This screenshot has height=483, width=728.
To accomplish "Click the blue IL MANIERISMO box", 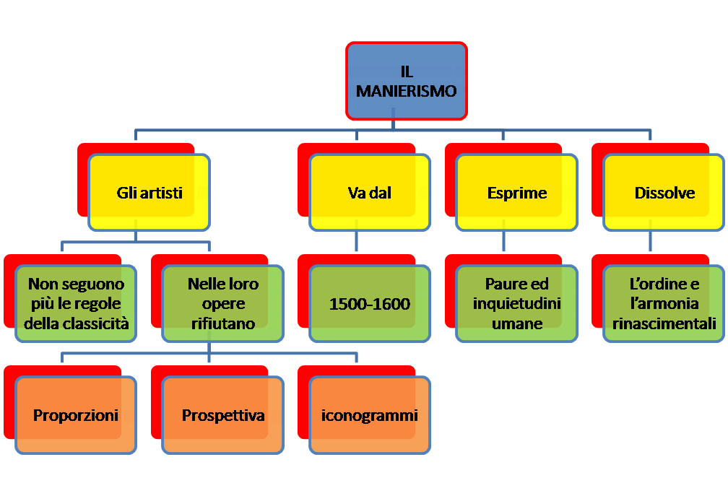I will click(406, 81).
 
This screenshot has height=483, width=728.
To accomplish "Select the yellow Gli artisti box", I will click(149, 193).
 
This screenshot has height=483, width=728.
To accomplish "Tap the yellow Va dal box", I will click(370, 193).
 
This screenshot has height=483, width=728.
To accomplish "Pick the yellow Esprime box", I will click(517, 193).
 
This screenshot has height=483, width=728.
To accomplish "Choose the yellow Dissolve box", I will click(664, 193).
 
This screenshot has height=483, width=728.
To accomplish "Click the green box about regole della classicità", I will click(76, 304).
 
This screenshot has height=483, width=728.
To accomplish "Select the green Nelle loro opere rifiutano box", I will click(222, 304).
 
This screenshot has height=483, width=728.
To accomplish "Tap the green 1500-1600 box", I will click(370, 304).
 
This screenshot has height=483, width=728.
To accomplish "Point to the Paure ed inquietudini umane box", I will click(517, 304).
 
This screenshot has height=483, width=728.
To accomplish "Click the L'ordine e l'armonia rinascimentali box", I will click(664, 304).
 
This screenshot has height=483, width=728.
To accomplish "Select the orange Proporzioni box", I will click(76, 415).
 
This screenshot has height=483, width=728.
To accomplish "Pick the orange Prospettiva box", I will click(222, 415).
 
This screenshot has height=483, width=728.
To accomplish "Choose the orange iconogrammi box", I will click(370, 415).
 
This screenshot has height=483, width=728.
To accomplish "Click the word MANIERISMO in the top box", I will click(406, 92).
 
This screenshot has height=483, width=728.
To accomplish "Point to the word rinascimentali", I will click(664, 324).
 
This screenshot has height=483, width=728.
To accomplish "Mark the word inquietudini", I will click(517, 304).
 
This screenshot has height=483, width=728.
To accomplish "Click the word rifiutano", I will click(222, 324).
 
